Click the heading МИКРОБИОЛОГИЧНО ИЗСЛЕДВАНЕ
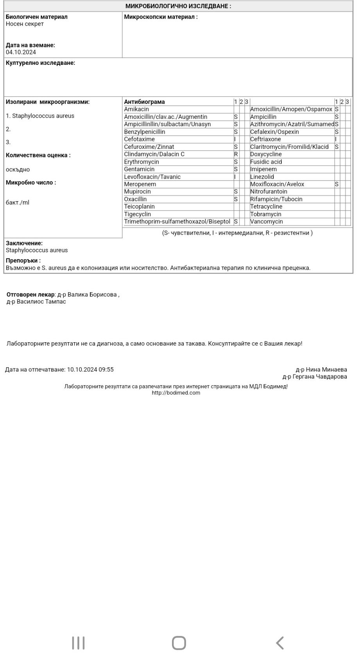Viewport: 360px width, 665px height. tap(178, 6)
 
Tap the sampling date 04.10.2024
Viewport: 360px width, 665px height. tap(21, 52)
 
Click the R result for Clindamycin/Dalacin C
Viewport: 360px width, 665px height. tap(236, 154)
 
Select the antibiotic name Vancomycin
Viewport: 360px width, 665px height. tap(266, 222)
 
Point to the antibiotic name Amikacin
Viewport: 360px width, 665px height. tap(136, 109)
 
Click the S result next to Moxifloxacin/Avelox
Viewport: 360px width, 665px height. tap(337, 184)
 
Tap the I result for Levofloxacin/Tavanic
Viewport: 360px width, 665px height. tap(235, 177)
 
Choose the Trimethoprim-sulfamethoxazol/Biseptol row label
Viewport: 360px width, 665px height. tap(177, 222)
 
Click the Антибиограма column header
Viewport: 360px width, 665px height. tap(144, 102)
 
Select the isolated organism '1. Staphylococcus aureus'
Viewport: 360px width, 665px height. tap(40, 116)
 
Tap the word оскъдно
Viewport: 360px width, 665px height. tap(18, 170)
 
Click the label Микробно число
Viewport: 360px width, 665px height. tap(30, 182)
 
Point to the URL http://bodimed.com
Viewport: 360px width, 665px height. tap(176, 393)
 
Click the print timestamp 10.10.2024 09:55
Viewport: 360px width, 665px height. tap(90, 369)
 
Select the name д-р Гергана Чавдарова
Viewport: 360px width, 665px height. tap(315, 377)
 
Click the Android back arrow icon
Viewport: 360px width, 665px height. tap(279, 643)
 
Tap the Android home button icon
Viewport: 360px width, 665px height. tap(179, 643)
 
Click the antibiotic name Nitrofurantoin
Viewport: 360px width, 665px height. tap(269, 191)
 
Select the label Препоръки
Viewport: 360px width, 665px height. tap(23, 261)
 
